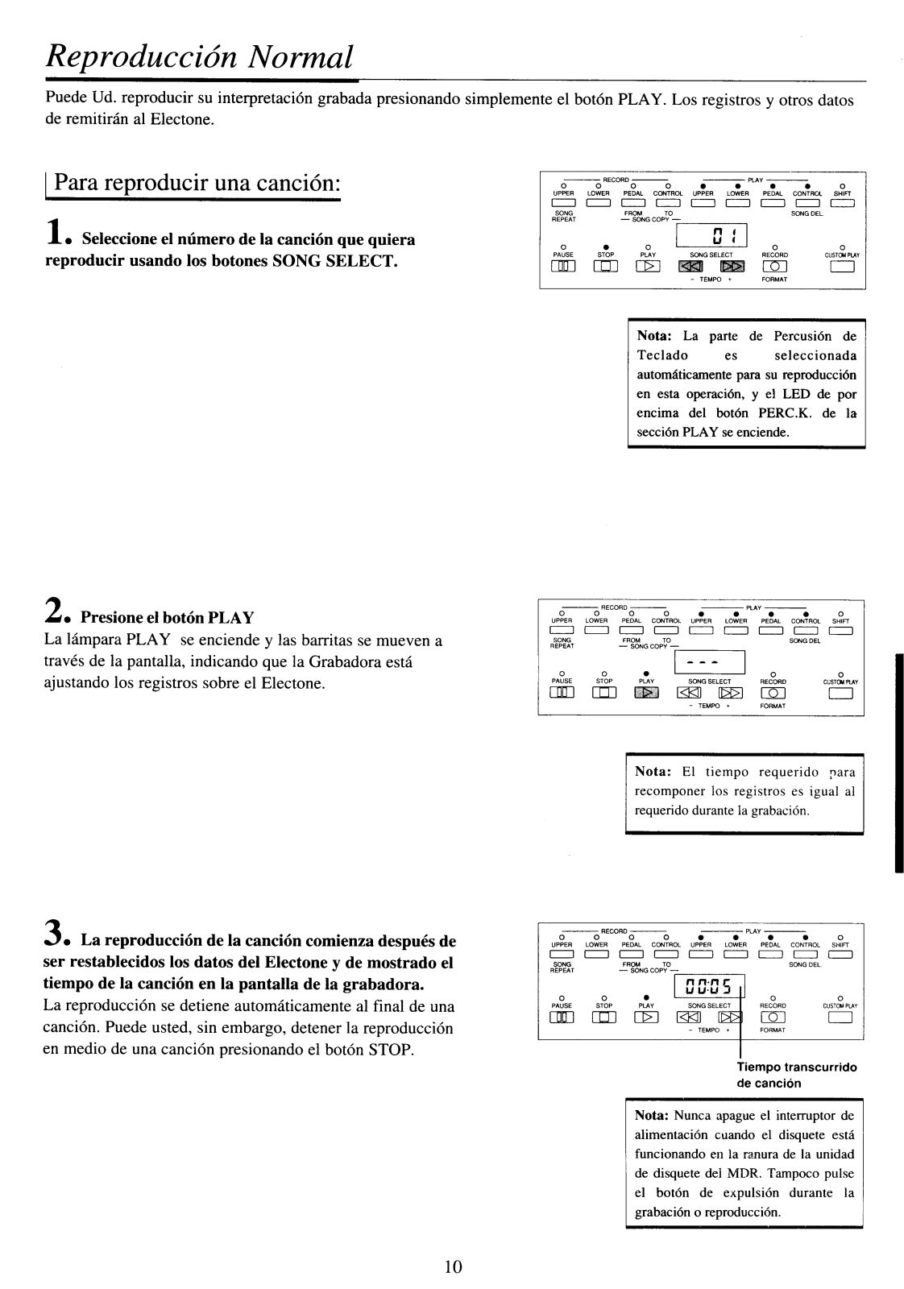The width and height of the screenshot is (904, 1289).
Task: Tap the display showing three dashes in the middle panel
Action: pos(710,663)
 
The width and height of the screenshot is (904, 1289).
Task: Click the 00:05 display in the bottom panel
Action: pos(709,986)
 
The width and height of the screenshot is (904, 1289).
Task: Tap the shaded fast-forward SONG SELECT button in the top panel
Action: pos(730,267)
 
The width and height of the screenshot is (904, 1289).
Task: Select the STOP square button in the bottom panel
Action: pos(604,1018)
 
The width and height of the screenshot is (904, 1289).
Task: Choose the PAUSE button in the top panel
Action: pos(562,267)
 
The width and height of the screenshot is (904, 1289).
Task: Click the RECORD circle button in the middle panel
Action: pos(773,694)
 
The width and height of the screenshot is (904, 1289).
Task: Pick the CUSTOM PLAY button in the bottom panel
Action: pos(840,1018)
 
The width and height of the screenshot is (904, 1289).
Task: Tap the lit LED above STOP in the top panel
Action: pos(604,246)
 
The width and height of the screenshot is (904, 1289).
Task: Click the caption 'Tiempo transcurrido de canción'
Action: pos(796,1075)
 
